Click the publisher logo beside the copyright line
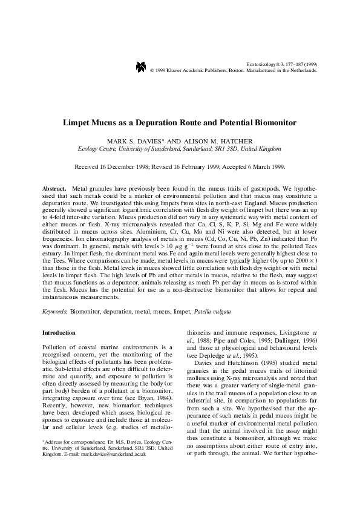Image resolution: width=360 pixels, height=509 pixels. click(141, 67)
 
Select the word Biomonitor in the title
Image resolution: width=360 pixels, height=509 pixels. click(272, 122)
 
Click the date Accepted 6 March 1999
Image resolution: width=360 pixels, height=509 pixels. click(254, 166)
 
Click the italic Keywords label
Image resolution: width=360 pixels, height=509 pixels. click(54, 311)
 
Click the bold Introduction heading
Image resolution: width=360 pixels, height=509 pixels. click(59, 333)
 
